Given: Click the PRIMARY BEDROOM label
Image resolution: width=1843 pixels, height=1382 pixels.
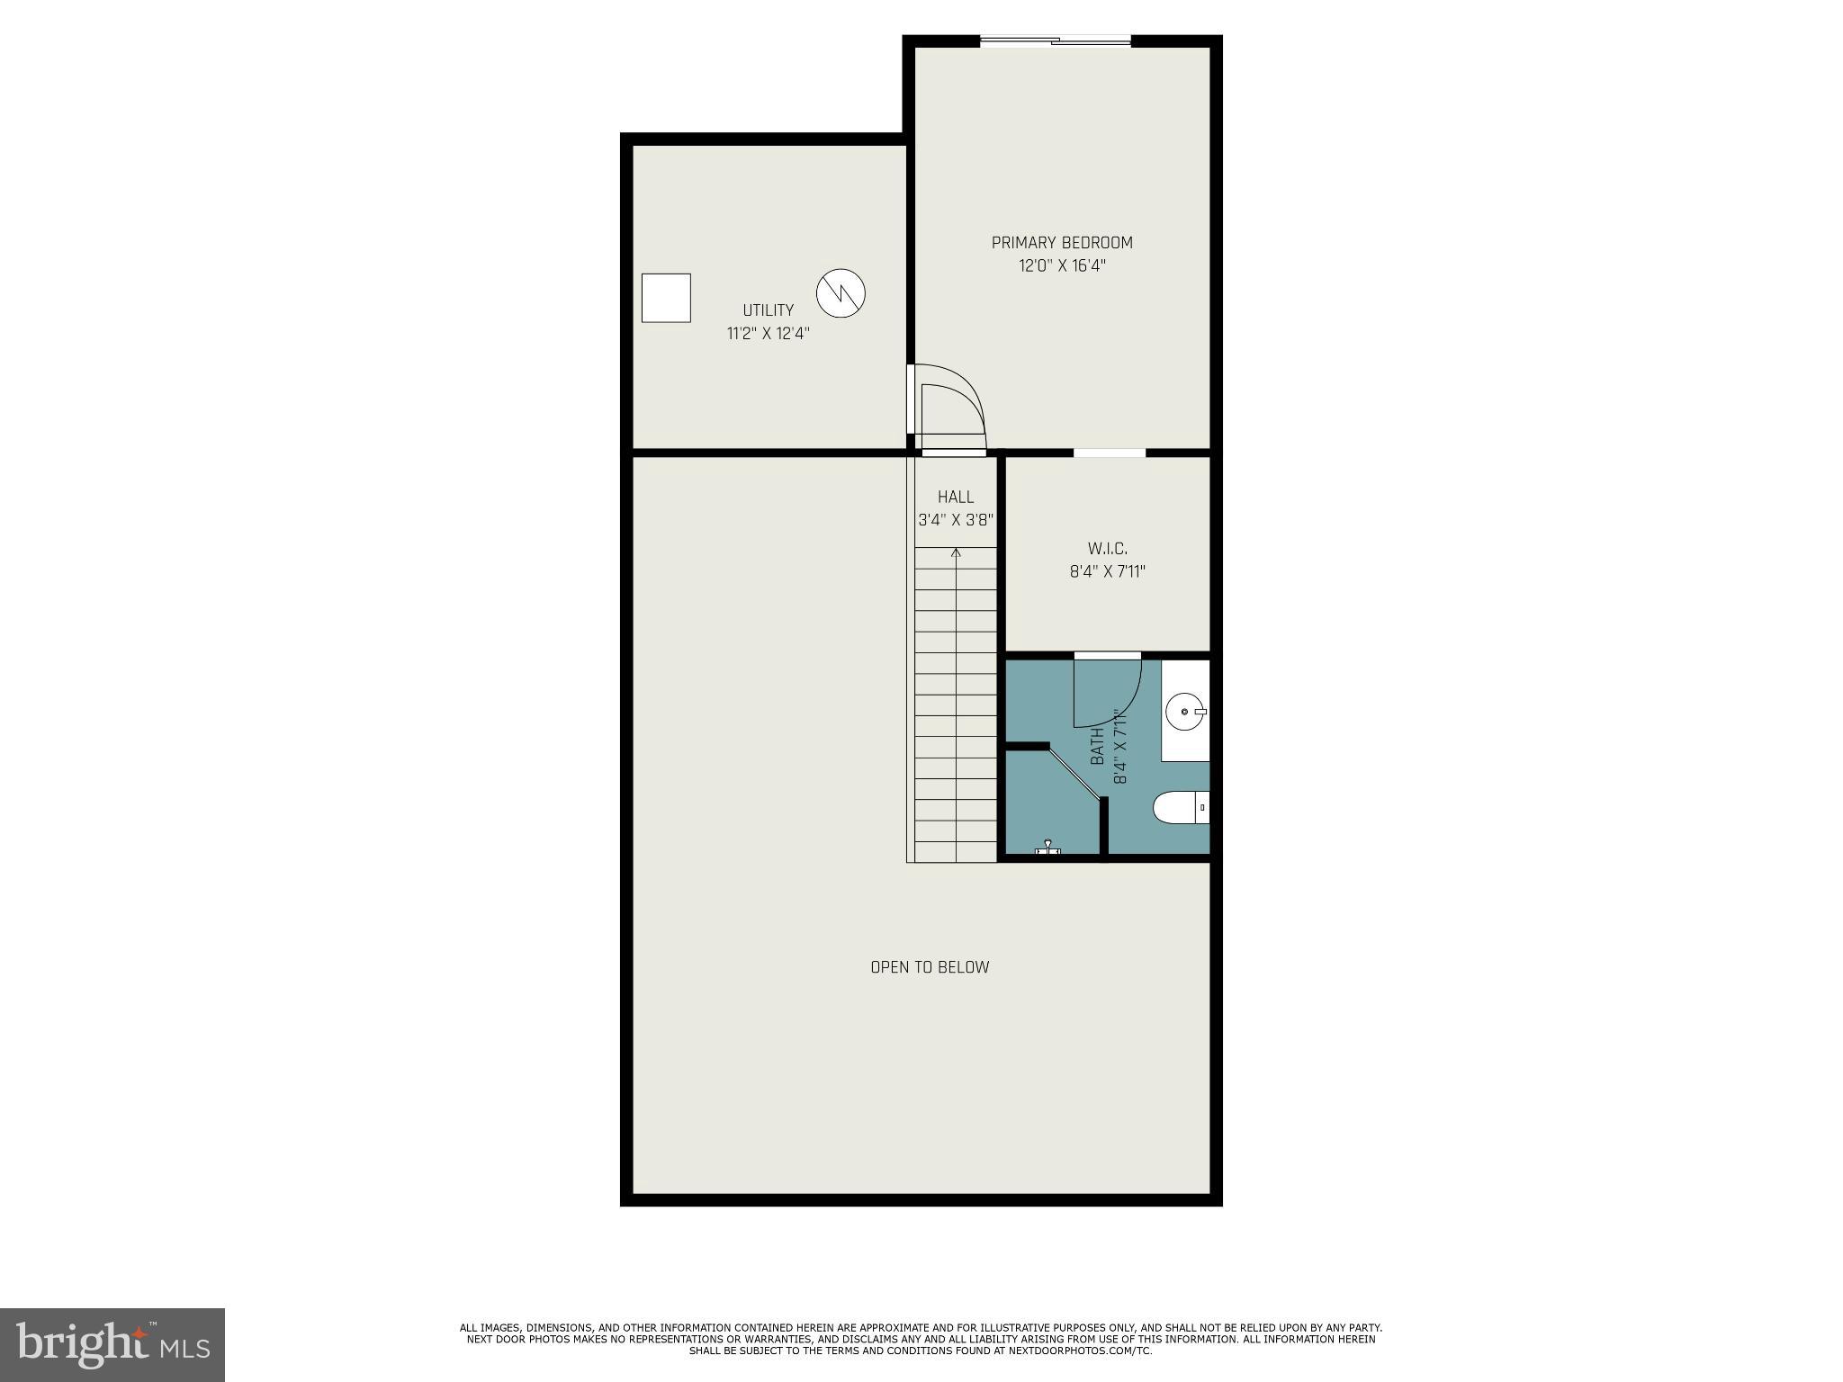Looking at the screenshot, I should coord(1062,242).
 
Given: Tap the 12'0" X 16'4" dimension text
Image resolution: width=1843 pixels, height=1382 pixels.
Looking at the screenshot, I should coord(1062,265).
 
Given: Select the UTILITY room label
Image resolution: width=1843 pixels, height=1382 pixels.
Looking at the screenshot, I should coord(768,310).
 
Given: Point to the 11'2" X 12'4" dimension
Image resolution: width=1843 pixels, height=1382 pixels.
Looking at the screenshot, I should coord(768,333).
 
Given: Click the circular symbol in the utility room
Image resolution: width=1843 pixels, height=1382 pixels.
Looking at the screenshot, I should coord(841,293).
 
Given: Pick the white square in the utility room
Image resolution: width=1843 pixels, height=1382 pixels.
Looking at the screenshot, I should coord(666,298).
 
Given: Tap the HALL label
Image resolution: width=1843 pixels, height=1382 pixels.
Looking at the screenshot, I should coord(956,497).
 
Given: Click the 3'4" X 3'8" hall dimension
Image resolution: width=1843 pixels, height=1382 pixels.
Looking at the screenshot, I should coord(956,520).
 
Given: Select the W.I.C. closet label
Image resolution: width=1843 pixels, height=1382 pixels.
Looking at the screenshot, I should coord(1107,548).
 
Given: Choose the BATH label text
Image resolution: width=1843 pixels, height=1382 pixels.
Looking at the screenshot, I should coord(1097,747).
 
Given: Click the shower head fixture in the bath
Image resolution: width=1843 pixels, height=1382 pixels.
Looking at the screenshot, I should coord(1047,848).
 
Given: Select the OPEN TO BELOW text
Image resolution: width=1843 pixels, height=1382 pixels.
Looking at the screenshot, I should coord(930,967).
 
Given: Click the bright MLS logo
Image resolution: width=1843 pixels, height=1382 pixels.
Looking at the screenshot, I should coord(112,1344).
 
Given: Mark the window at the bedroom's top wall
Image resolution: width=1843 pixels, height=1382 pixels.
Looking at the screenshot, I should coord(1055,40).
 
